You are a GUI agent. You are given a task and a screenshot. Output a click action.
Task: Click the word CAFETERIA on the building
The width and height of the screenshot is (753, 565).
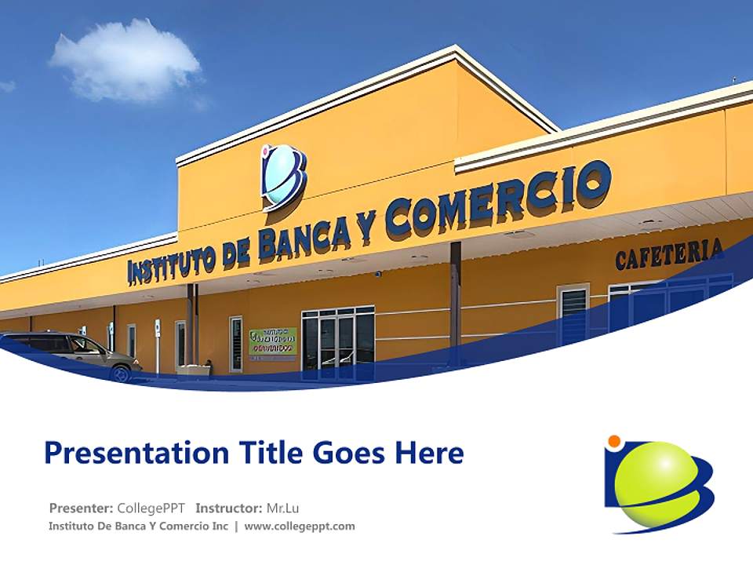[668, 254]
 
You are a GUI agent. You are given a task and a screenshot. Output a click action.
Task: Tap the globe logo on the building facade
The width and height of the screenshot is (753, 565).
[282, 177]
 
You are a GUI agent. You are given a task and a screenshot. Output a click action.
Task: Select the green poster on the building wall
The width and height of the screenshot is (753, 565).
[272, 344]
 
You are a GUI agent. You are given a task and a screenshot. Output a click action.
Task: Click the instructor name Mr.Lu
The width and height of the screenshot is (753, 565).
[282, 507]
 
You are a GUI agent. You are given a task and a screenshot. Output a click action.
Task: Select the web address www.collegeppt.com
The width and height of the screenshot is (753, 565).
[300, 526]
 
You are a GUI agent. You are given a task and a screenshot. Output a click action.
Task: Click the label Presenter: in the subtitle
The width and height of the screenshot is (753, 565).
[82, 507]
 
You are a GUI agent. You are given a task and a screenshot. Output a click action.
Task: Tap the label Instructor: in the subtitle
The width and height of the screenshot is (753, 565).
[229, 507]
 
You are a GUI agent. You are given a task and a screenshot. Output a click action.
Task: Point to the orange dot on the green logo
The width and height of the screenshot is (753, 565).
[614, 441]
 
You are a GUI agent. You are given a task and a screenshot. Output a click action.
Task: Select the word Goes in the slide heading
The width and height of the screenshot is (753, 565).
[352, 454]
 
